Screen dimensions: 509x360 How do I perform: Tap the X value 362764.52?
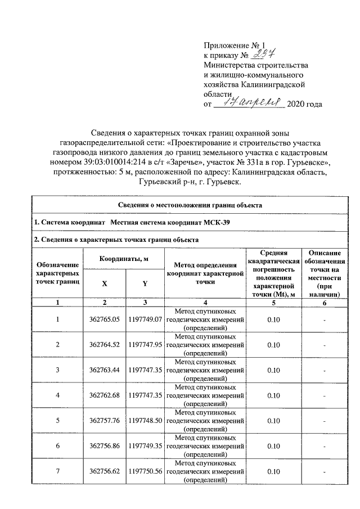tap(105, 345)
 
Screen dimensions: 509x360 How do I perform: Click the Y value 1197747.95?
tap(145, 345)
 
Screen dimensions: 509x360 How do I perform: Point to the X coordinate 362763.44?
tap(105, 370)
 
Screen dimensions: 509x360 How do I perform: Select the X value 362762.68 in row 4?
tap(105, 395)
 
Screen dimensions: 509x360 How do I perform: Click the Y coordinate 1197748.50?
tap(145, 421)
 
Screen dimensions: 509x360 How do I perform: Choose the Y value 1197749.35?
tap(145, 446)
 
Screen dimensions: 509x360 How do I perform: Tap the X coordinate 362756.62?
tap(105, 471)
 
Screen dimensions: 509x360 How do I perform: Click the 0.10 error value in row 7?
tap(273, 471)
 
